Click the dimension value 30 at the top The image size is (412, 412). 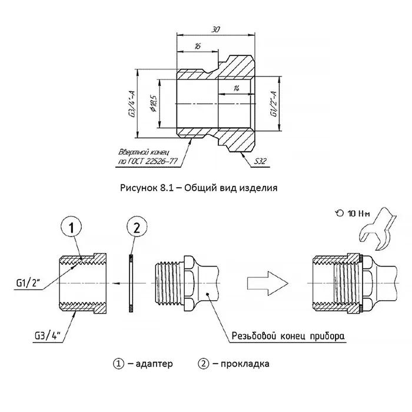[x=216, y=29]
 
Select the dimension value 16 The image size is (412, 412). [x=198, y=46]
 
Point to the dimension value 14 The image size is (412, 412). [x=236, y=88]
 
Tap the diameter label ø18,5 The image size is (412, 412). [x=154, y=104]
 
